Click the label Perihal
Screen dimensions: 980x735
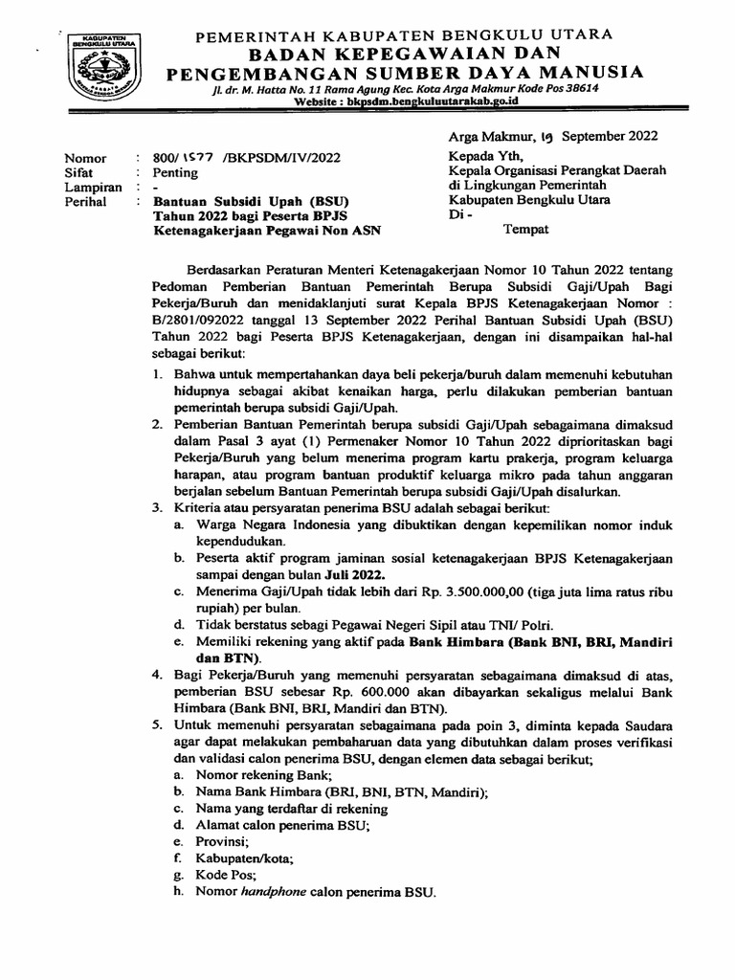(x=88, y=202)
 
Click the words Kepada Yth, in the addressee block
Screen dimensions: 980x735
(x=482, y=155)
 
